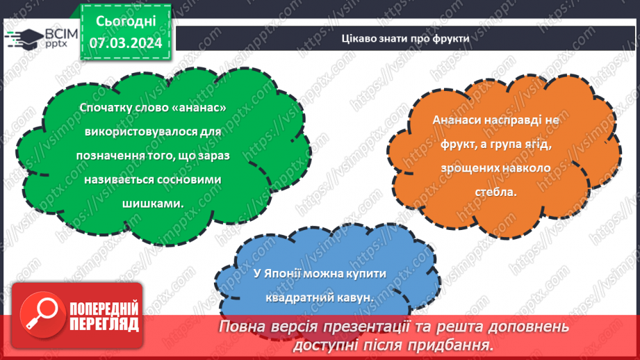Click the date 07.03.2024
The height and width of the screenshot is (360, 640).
[x=126, y=43]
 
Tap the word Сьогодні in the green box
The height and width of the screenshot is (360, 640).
[x=126, y=22]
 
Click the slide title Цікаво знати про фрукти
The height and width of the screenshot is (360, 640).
[x=405, y=38]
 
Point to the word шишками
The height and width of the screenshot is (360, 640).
[x=152, y=203]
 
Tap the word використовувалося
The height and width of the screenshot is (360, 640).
[x=141, y=132]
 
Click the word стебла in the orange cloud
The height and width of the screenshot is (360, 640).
[x=495, y=192]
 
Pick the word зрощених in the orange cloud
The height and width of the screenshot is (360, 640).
[x=466, y=168]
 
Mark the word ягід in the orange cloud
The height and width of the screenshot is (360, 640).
[x=538, y=145]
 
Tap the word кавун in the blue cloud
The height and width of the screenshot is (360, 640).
[x=354, y=297]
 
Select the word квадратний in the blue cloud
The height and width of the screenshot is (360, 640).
[x=300, y=297]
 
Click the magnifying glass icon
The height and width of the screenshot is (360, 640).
[x=42, y=315]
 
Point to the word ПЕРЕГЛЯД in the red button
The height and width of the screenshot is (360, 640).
[x=104, y=325]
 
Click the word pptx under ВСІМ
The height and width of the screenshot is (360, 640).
[x=56, y=44]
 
